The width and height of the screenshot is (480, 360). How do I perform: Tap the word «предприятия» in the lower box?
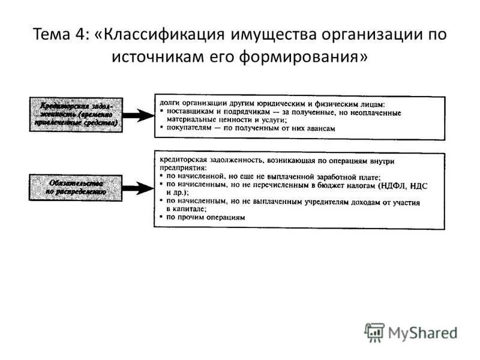182,169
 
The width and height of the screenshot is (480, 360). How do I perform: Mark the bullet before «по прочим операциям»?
162,218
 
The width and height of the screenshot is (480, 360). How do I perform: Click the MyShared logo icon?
374,332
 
